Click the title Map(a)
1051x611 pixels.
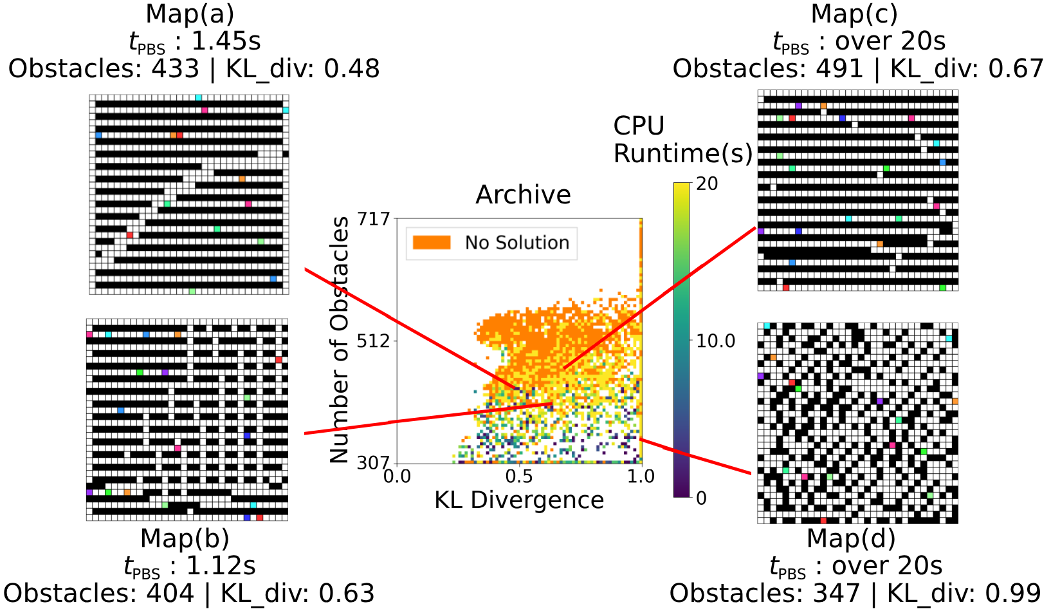(x=190, y=14)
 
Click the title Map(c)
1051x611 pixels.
(x=854, y=14)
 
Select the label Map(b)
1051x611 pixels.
(x=185, y=538)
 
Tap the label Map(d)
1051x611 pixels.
(x=851, y=538)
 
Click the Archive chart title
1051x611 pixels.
(x=523, y=194)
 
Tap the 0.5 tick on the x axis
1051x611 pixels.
(x=519, y=476)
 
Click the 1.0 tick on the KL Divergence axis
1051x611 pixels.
(x=641, y=476)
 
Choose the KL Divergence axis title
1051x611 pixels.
(x=519, y=500)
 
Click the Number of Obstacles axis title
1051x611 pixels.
(x=339, y=339)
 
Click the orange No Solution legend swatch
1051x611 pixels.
(x=432, y=243)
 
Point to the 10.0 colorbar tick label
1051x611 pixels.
(x=715, y=341)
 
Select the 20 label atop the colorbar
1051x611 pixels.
(x=707, y=184)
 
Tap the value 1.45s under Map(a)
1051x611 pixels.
(x=226, y=41)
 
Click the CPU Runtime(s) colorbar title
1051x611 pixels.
(x=682, y=140)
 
